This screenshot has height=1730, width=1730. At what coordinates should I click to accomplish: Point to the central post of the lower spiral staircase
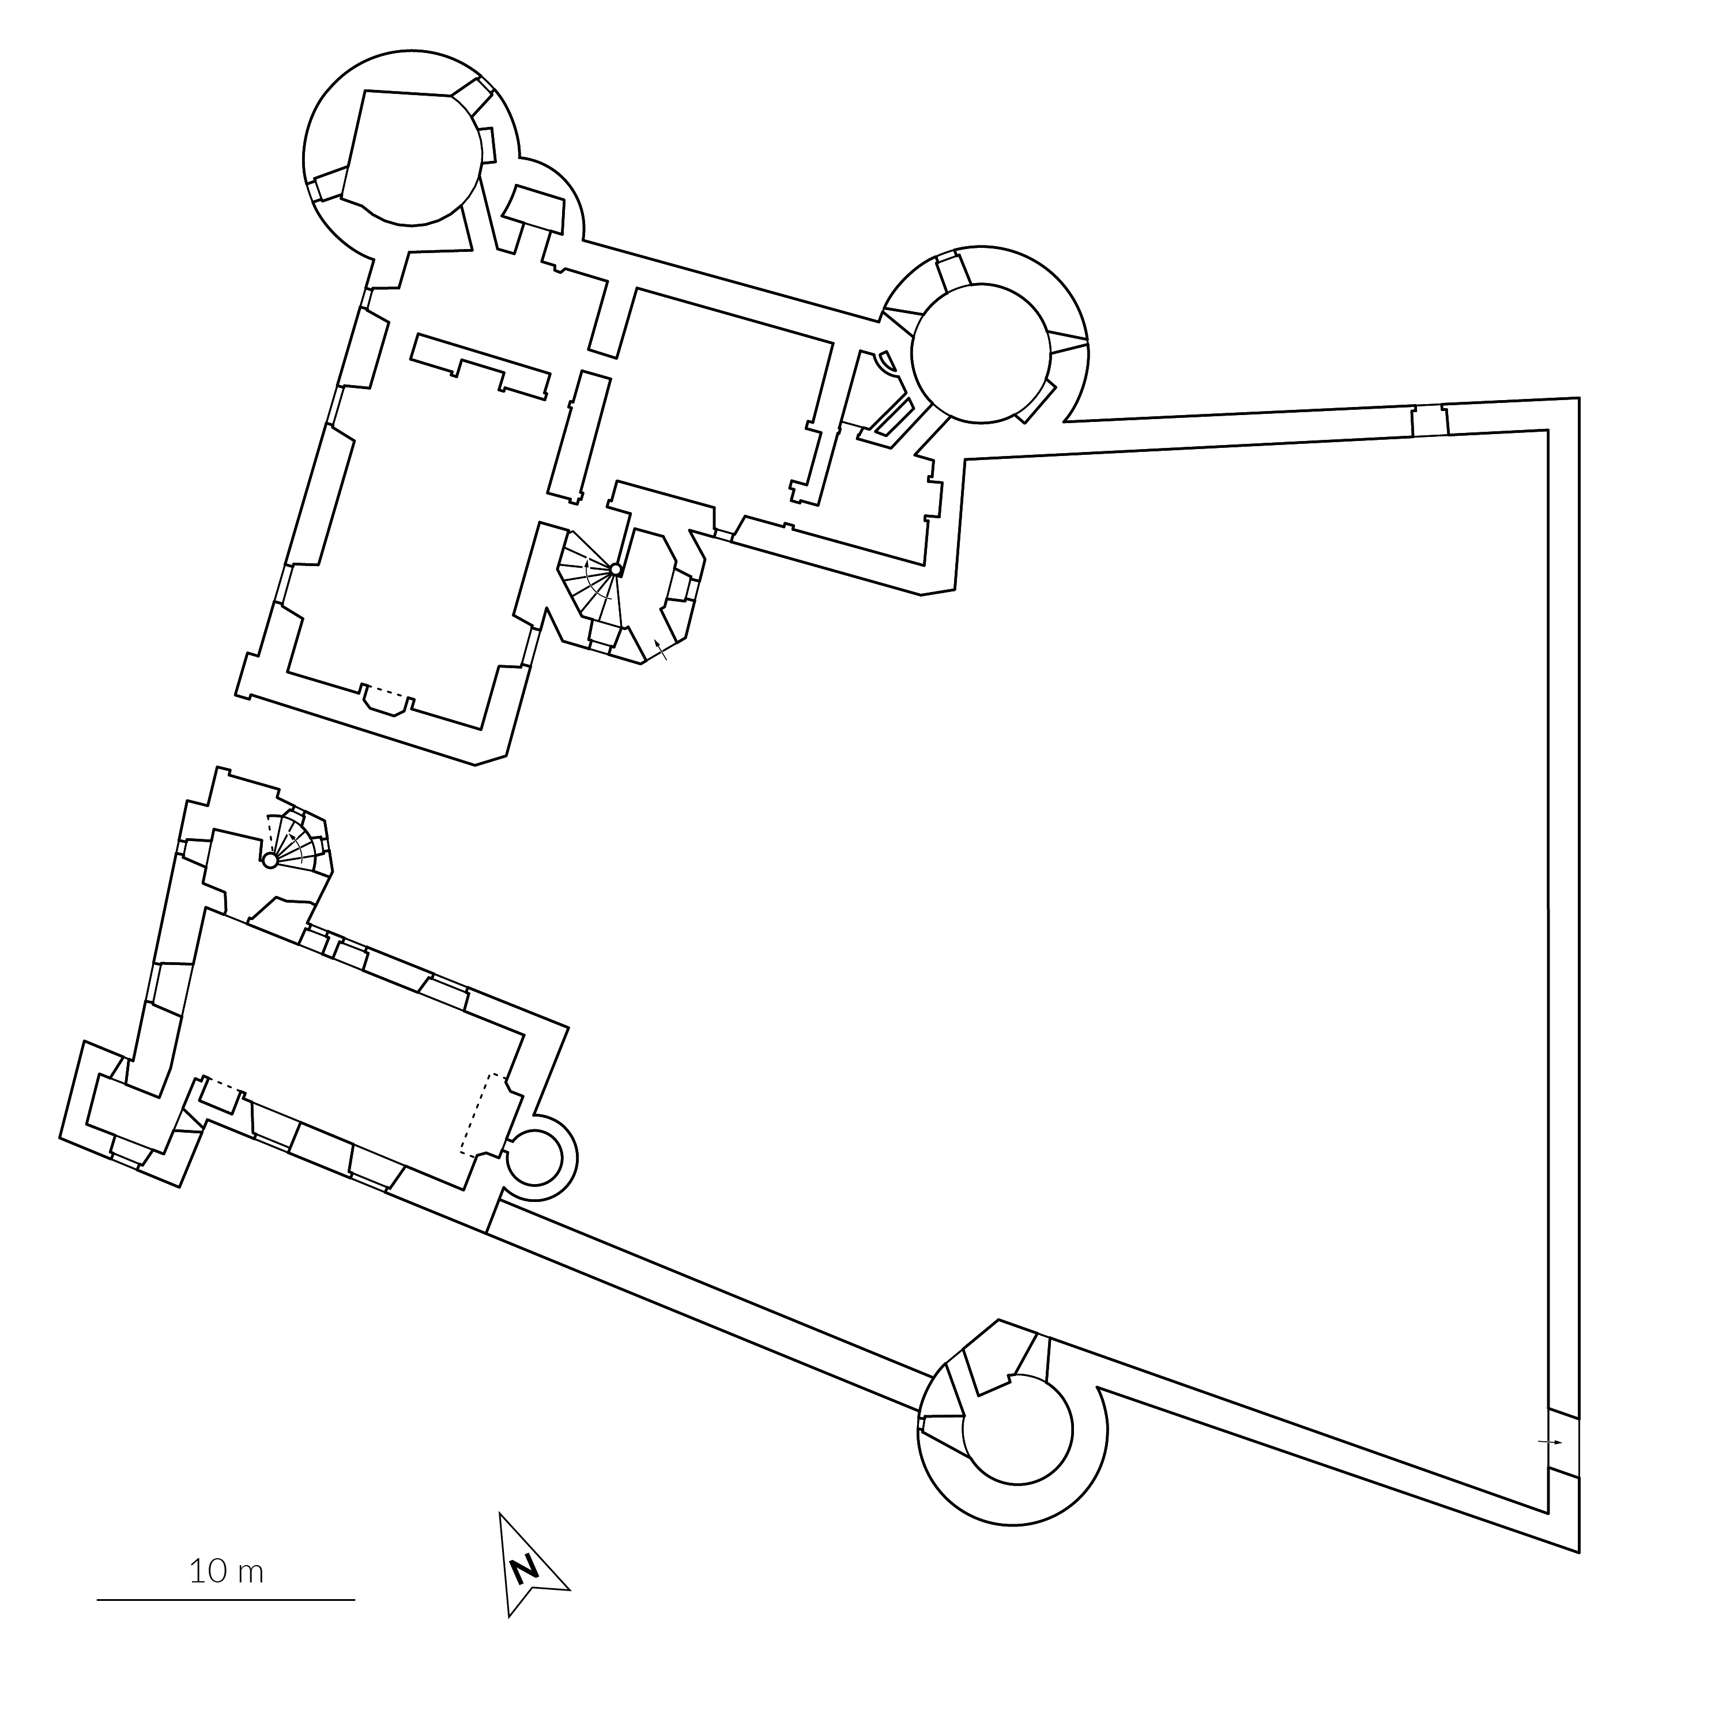pos(270,861)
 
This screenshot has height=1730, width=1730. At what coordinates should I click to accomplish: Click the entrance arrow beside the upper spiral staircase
pos(661,650)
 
